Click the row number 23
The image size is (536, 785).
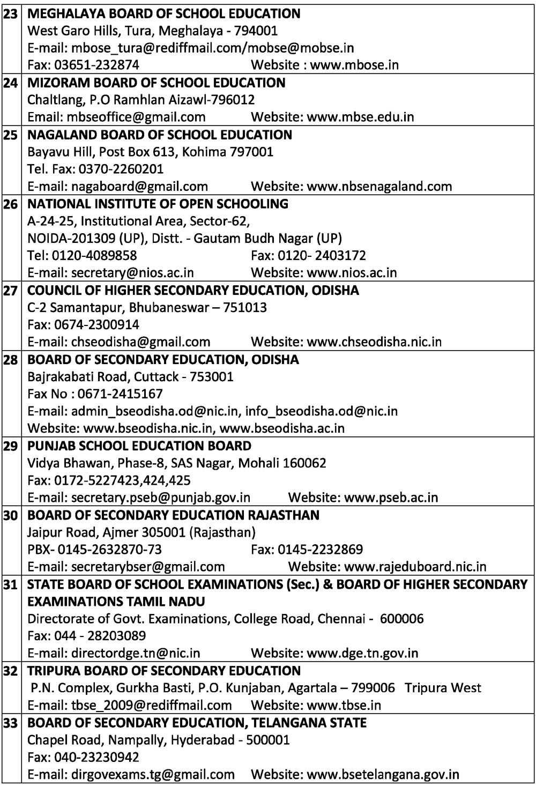pyautogui.click(x=10, y=14)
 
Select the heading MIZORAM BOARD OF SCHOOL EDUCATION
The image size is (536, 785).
pyautogui.click(x=156, y=83)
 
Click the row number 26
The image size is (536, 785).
pyautogui.click(x=10, y=204)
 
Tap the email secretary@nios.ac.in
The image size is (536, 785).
pyautogui.click(x=132, y=272)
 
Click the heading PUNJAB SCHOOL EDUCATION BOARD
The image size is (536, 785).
pyautogui.click(x=139, y=446)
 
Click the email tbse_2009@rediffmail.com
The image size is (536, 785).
pyautogui.click(x=152, y=705)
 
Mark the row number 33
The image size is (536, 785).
pyautogui.click(x=10, y=723)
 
